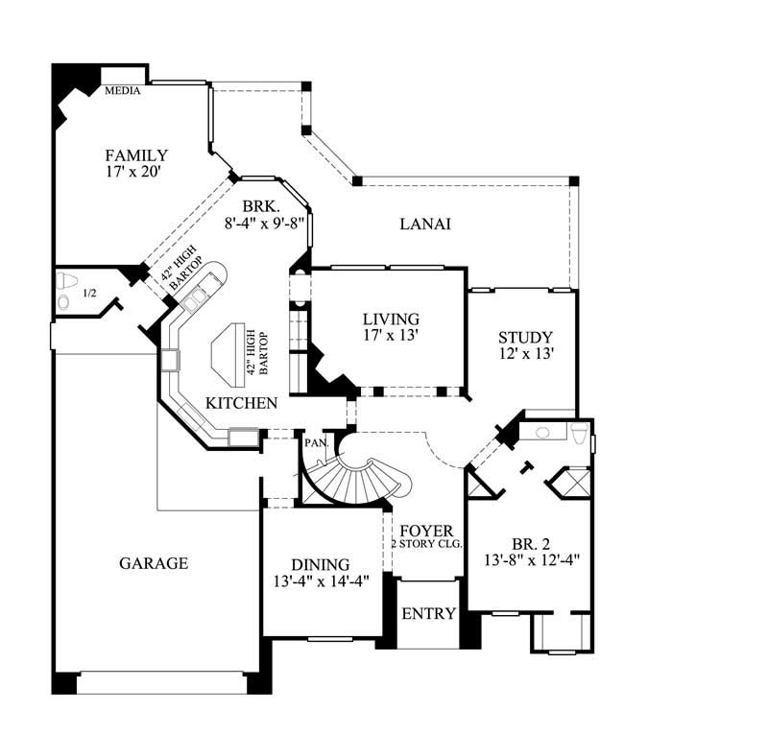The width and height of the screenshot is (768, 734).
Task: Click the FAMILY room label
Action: coord(136,155)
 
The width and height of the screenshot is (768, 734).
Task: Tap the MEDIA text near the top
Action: coord(123,91)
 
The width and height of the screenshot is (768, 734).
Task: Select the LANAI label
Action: coord(425,224)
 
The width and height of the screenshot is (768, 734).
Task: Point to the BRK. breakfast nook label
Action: coord(260,205)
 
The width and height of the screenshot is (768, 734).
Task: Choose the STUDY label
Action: coord(525,337)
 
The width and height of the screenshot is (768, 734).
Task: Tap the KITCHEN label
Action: coord(242,403)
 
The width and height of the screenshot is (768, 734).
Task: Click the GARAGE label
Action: coord(153,563)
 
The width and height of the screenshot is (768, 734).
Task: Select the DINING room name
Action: coord(320,564)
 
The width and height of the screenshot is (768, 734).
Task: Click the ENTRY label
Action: coord(428,613)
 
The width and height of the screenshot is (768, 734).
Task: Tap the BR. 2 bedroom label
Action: coord(523,536)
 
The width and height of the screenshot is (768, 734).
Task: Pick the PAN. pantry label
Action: coord(316,443)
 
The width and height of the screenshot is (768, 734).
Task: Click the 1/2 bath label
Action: coord(91,293)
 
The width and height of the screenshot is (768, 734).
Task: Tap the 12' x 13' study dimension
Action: coord(525,354)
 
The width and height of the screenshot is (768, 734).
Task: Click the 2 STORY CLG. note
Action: coord(426,544)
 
